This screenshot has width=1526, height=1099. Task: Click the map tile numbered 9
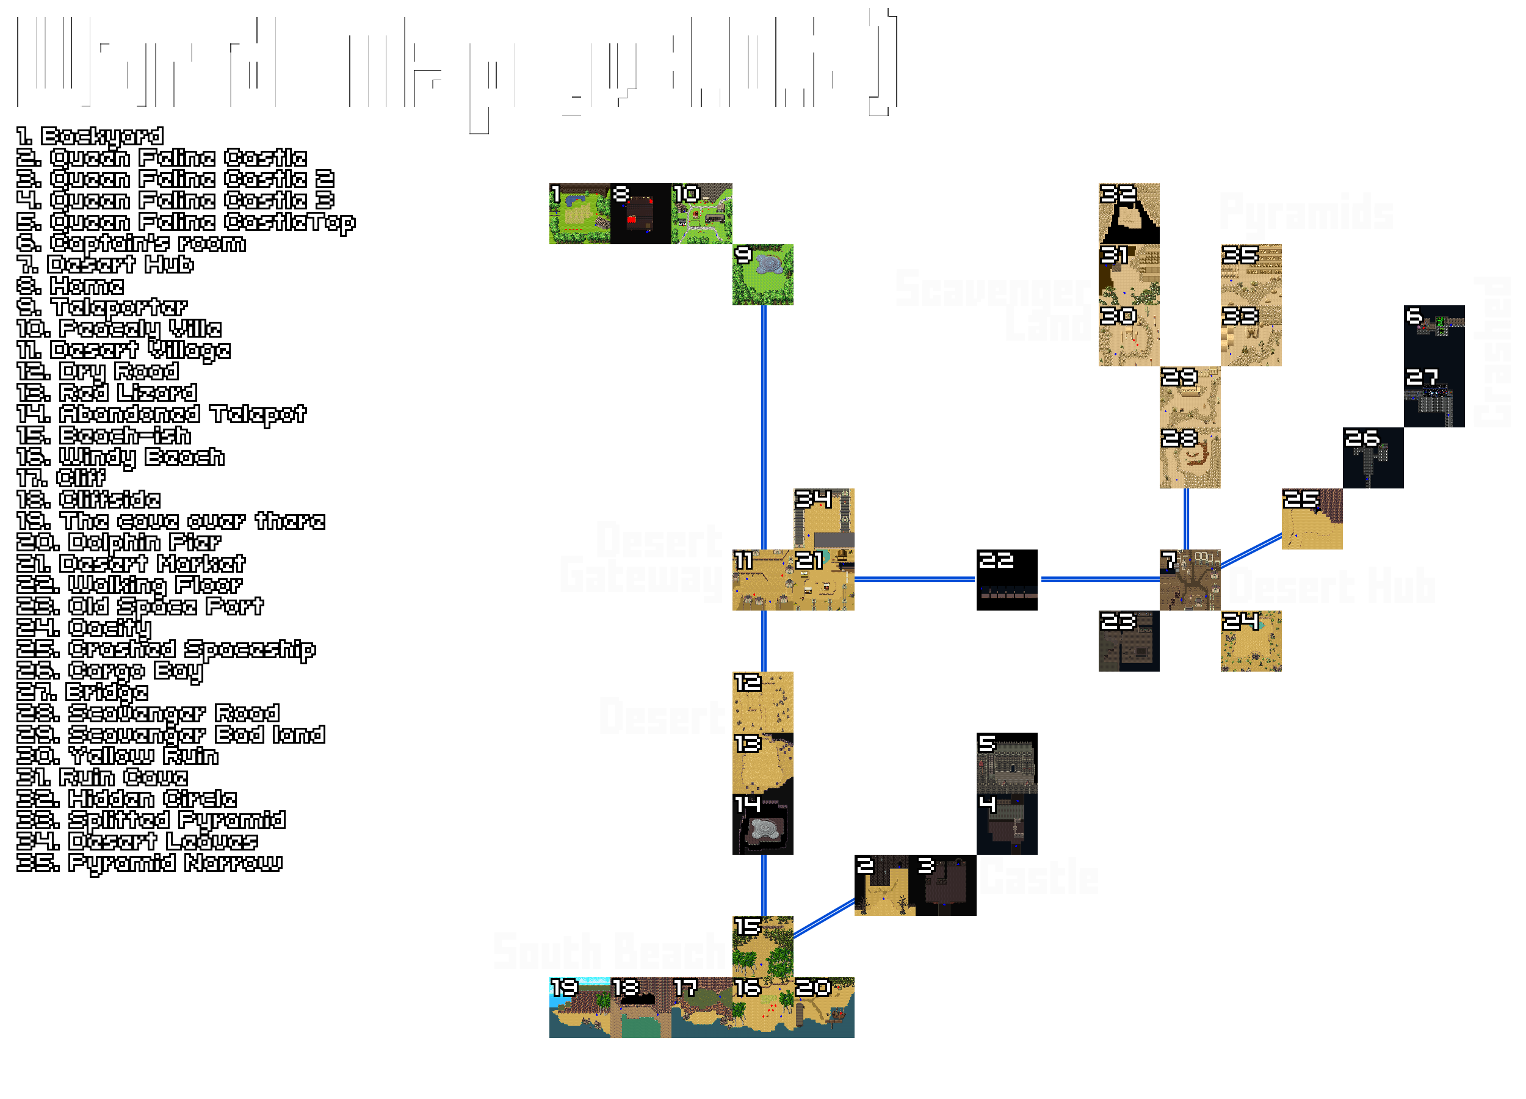pos(762,275)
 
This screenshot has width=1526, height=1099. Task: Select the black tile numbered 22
pos(1007,579)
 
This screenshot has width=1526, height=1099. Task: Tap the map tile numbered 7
pos(1190,579)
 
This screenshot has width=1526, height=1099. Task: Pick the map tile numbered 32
pos(1129,213)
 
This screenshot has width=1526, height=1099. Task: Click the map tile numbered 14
pos(762,824)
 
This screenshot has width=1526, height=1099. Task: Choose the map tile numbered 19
pos(579,1007)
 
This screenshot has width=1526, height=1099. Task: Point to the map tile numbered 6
pos(1434,335)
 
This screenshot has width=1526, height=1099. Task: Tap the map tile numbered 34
pos(823,518)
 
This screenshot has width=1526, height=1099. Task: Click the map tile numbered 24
pos(1251,640)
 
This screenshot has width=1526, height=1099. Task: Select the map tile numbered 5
pos(1007,763)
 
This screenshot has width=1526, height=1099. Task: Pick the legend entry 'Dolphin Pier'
pos(118,542)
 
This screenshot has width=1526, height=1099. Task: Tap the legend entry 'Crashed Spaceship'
pos(165,650)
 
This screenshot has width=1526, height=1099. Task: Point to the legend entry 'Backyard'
pos(90,136)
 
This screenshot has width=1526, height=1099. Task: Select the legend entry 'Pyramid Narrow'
pos(150,863)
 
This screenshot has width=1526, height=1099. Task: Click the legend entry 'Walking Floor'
pos(129,585)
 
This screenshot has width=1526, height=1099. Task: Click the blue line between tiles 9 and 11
pos(764,427)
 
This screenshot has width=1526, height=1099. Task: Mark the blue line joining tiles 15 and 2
pos(823,917)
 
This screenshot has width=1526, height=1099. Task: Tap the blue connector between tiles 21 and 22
pos(915,579)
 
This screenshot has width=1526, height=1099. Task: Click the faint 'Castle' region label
pos(1038,876)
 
